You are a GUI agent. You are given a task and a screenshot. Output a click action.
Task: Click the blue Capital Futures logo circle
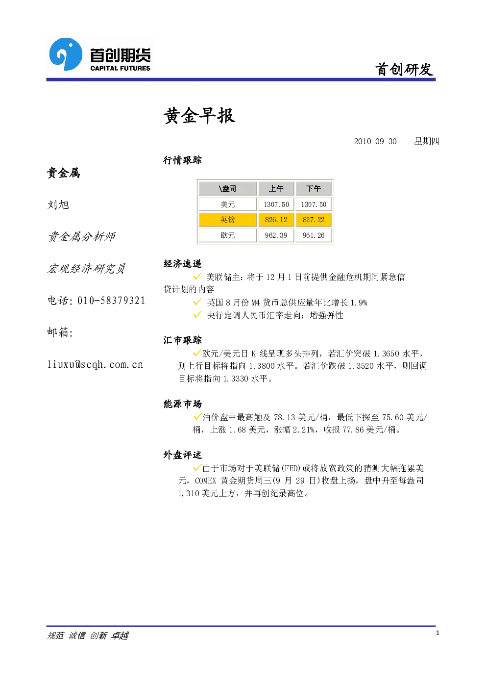click(66, 54)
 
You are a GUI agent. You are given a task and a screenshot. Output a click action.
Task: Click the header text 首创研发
click(404, 70)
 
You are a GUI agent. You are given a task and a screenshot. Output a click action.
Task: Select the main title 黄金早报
click(199, 116)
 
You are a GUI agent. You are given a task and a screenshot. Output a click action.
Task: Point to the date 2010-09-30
click(375, 141)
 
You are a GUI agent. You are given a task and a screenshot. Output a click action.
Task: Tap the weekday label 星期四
click(427, 141)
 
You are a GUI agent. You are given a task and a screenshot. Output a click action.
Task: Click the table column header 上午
click(276, 189)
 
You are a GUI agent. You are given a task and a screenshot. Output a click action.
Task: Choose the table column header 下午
click(314, 189)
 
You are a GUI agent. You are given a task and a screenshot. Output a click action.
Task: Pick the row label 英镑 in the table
click(228, 220)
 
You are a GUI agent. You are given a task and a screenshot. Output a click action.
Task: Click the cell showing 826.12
click(276, 220)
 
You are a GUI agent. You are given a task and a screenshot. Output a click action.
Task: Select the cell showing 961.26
click(314, 235)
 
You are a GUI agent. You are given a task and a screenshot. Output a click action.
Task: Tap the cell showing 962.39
click(276, 235)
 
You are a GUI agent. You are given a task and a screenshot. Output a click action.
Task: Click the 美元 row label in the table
click(228, 204)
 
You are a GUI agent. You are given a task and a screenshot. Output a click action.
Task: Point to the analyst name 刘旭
click(58, 205)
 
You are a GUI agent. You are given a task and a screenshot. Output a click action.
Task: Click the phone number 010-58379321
click(111, 301)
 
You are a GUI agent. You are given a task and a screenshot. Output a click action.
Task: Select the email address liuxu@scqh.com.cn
click(95, 364)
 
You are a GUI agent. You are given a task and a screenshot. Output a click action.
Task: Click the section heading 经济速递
click(183, 263)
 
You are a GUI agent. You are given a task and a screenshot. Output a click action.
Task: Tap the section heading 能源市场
click(183, 404)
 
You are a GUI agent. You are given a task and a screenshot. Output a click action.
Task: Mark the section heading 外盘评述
click(183, 455)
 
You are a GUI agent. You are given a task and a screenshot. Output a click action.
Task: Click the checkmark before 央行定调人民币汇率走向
click(197, 315)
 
